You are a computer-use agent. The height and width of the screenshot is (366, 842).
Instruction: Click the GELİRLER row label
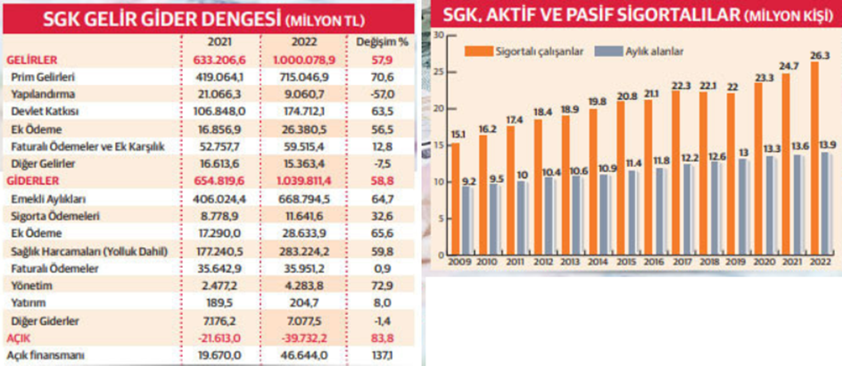pyautogui.click(x=28, y=59)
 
